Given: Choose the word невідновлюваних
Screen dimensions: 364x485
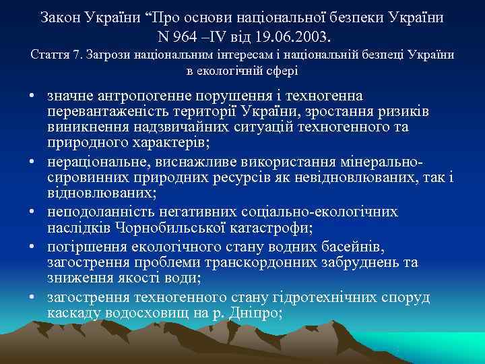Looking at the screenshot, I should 351,178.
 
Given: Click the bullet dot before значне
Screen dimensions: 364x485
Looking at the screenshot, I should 32,96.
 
